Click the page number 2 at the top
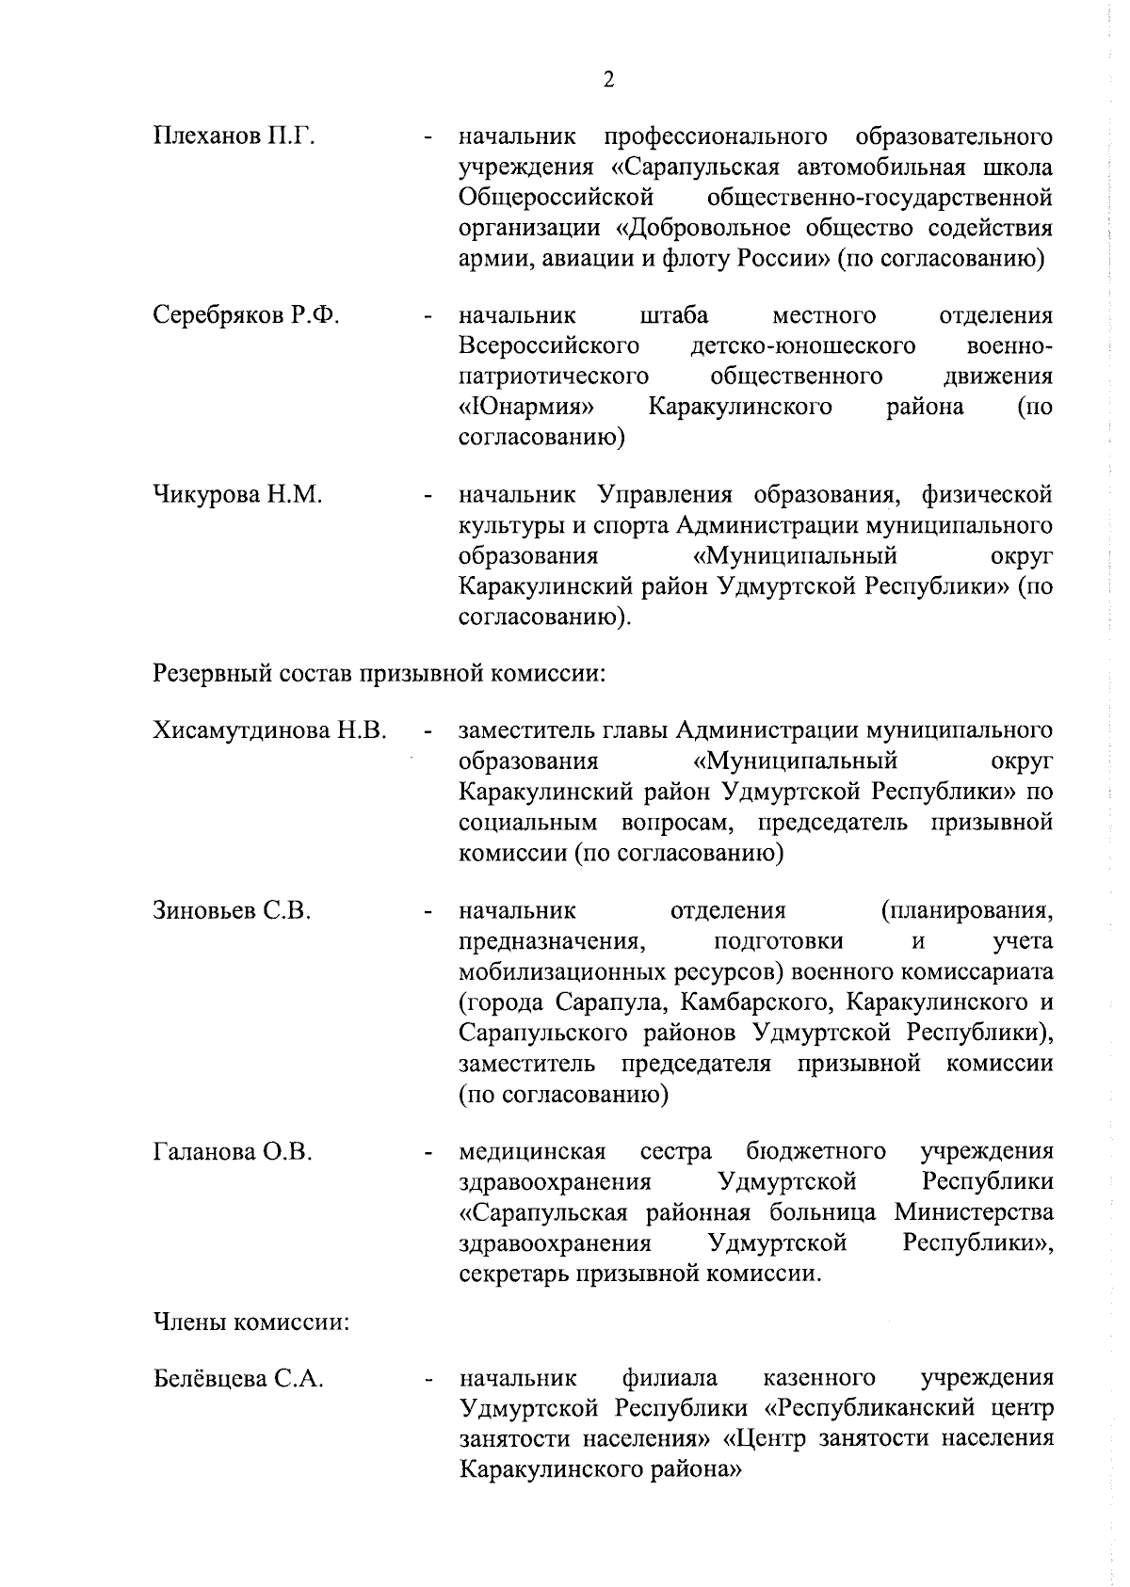(x=607, y=79)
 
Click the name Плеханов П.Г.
(x=234, y=137)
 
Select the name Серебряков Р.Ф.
(x=246, y=315)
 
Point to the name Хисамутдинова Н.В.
(x=269, y=730)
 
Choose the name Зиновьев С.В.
(x=232, y=910)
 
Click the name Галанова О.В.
(x=233, y=1151)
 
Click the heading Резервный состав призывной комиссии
(x=378, y=674)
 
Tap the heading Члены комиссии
(x=251, y=1322)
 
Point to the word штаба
(x=674, y=315)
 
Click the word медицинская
(x=532, y=1151)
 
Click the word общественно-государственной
(x=879, y=198)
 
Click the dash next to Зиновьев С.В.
(x=428, y=911)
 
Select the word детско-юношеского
(x=802, y=346)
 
